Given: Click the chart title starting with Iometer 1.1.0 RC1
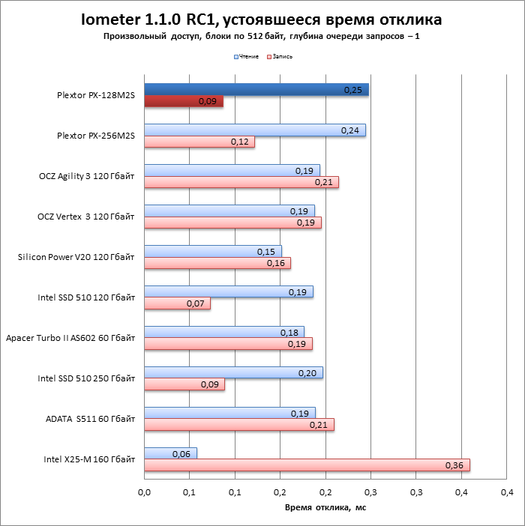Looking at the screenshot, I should click(262, 19).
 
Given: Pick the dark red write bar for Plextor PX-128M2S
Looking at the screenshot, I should click(184, 101).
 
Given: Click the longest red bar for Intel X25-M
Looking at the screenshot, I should click(307, 465).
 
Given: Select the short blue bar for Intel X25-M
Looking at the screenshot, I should click(170, 453).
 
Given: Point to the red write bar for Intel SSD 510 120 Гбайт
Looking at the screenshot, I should click(177, 303).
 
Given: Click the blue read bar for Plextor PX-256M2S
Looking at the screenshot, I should click(255, 130).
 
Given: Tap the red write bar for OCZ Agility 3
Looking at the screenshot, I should click(241, 182).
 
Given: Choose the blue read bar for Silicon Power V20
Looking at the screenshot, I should click(213, 252).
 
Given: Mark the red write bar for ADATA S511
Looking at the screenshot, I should click(239, 425).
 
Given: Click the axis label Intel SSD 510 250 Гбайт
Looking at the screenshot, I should click(86, 378).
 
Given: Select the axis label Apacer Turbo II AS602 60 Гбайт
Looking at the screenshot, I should click(70, 338).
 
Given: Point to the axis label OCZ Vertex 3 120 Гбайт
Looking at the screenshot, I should click(86, 217).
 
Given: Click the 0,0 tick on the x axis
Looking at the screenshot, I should click(145, 492).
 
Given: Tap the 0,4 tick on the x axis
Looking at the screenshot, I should click(507, 492).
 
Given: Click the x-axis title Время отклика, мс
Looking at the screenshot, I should click(325, 508).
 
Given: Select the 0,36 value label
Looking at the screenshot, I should click(454, 465).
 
